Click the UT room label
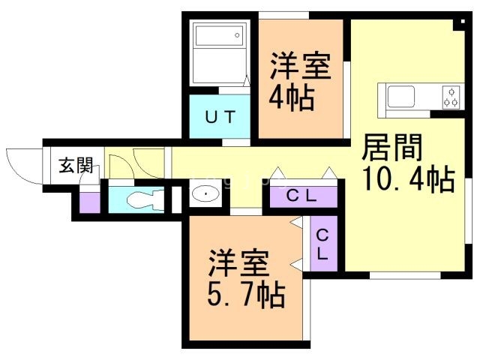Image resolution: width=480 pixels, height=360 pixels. tap(220, 117)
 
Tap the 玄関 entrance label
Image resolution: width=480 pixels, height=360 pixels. tap(76, 165)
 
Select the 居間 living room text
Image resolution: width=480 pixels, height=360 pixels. tap(392, 148)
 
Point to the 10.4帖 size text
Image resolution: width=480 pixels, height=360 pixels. tap(408, 178)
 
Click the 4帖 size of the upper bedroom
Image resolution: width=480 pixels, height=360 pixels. tap(292, 98)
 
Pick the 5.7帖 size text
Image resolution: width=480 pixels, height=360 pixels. tap(246, 295)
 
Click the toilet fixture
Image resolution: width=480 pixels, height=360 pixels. tap(145, 200)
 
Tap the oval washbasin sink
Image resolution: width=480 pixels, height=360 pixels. tap(205, 193)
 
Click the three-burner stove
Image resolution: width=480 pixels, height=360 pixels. tap(451, 97)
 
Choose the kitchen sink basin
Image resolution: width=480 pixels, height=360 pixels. tap(401, 96)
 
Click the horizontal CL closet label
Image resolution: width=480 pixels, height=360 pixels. tap(301, 196)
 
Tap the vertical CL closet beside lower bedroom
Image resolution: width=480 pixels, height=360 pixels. tap(322, 244)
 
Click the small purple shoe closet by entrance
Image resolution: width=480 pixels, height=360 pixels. tap(90, 202)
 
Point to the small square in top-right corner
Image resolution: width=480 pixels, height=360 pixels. tap(463, 22)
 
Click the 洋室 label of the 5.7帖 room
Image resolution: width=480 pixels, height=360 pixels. tap(238, 263)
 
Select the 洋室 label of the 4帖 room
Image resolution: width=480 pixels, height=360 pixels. tap(300, 66)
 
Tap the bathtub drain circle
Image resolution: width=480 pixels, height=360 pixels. tap(237, 35)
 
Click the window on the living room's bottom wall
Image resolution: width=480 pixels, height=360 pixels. tap(405, 275)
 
